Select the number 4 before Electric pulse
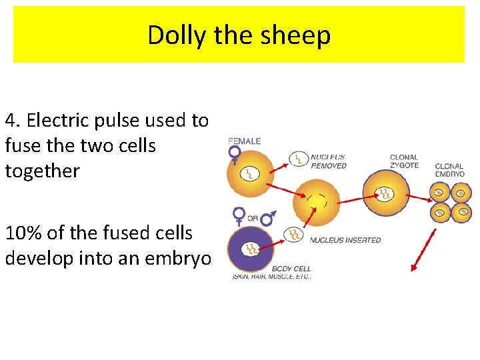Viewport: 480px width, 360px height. (10, 121)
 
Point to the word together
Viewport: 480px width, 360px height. (42, 171)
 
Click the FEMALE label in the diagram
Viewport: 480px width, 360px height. (245, 141)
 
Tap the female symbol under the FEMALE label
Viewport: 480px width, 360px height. (235, 154)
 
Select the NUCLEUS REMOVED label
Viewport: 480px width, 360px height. (328, 161)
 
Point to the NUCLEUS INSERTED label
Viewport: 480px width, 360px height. (345, 240)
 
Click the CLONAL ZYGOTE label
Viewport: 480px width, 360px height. (404, 161)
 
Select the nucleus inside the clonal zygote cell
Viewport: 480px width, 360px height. (385, 194)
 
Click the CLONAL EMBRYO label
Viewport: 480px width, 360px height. (449, 170)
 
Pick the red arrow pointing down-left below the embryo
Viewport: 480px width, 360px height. (423, 250)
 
